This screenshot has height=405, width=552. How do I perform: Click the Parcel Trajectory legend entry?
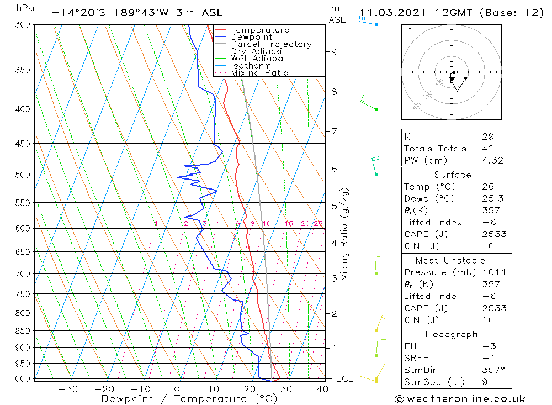tap(271, 44)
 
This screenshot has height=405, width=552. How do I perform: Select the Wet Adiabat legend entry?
tap(259, 59)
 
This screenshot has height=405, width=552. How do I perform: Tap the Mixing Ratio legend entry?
tap(259, 73)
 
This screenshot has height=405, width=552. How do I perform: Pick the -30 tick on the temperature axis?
tap(68, 389)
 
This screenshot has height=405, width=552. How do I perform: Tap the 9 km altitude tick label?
tap(334, 52)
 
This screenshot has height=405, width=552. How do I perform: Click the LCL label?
tap(344, 379)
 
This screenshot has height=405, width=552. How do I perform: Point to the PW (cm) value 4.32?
tap(492, 160)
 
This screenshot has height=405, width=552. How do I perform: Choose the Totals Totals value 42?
tap(488, 149)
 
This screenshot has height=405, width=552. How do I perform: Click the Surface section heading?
tap(453, 175)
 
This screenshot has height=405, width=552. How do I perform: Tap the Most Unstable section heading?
tap(450, 261)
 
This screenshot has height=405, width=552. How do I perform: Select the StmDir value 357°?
tap(493, 370)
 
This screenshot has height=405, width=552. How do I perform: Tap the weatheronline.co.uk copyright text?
tap(460, 399)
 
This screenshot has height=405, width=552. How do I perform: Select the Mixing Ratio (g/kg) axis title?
tap(344, 234)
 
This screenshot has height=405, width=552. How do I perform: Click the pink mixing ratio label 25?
tap(318, 224)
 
